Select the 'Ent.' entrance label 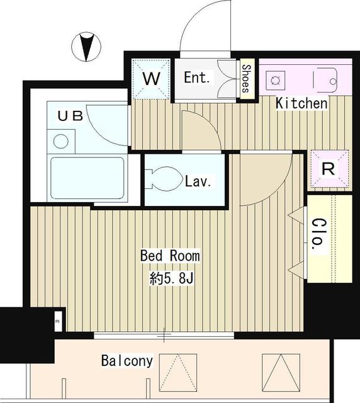pos(198,78)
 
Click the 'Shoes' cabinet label pos(245,79)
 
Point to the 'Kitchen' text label pos(302,103)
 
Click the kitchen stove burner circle pos(275,80)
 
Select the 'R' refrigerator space pos(329,169)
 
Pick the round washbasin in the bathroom pos(61,140)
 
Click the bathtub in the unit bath pos(87,178)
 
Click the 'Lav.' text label pos(198,182)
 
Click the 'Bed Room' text pos(170,256)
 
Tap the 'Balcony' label pos(127,361)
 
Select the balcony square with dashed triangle pos(176,373)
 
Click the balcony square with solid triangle pos(279,373)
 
